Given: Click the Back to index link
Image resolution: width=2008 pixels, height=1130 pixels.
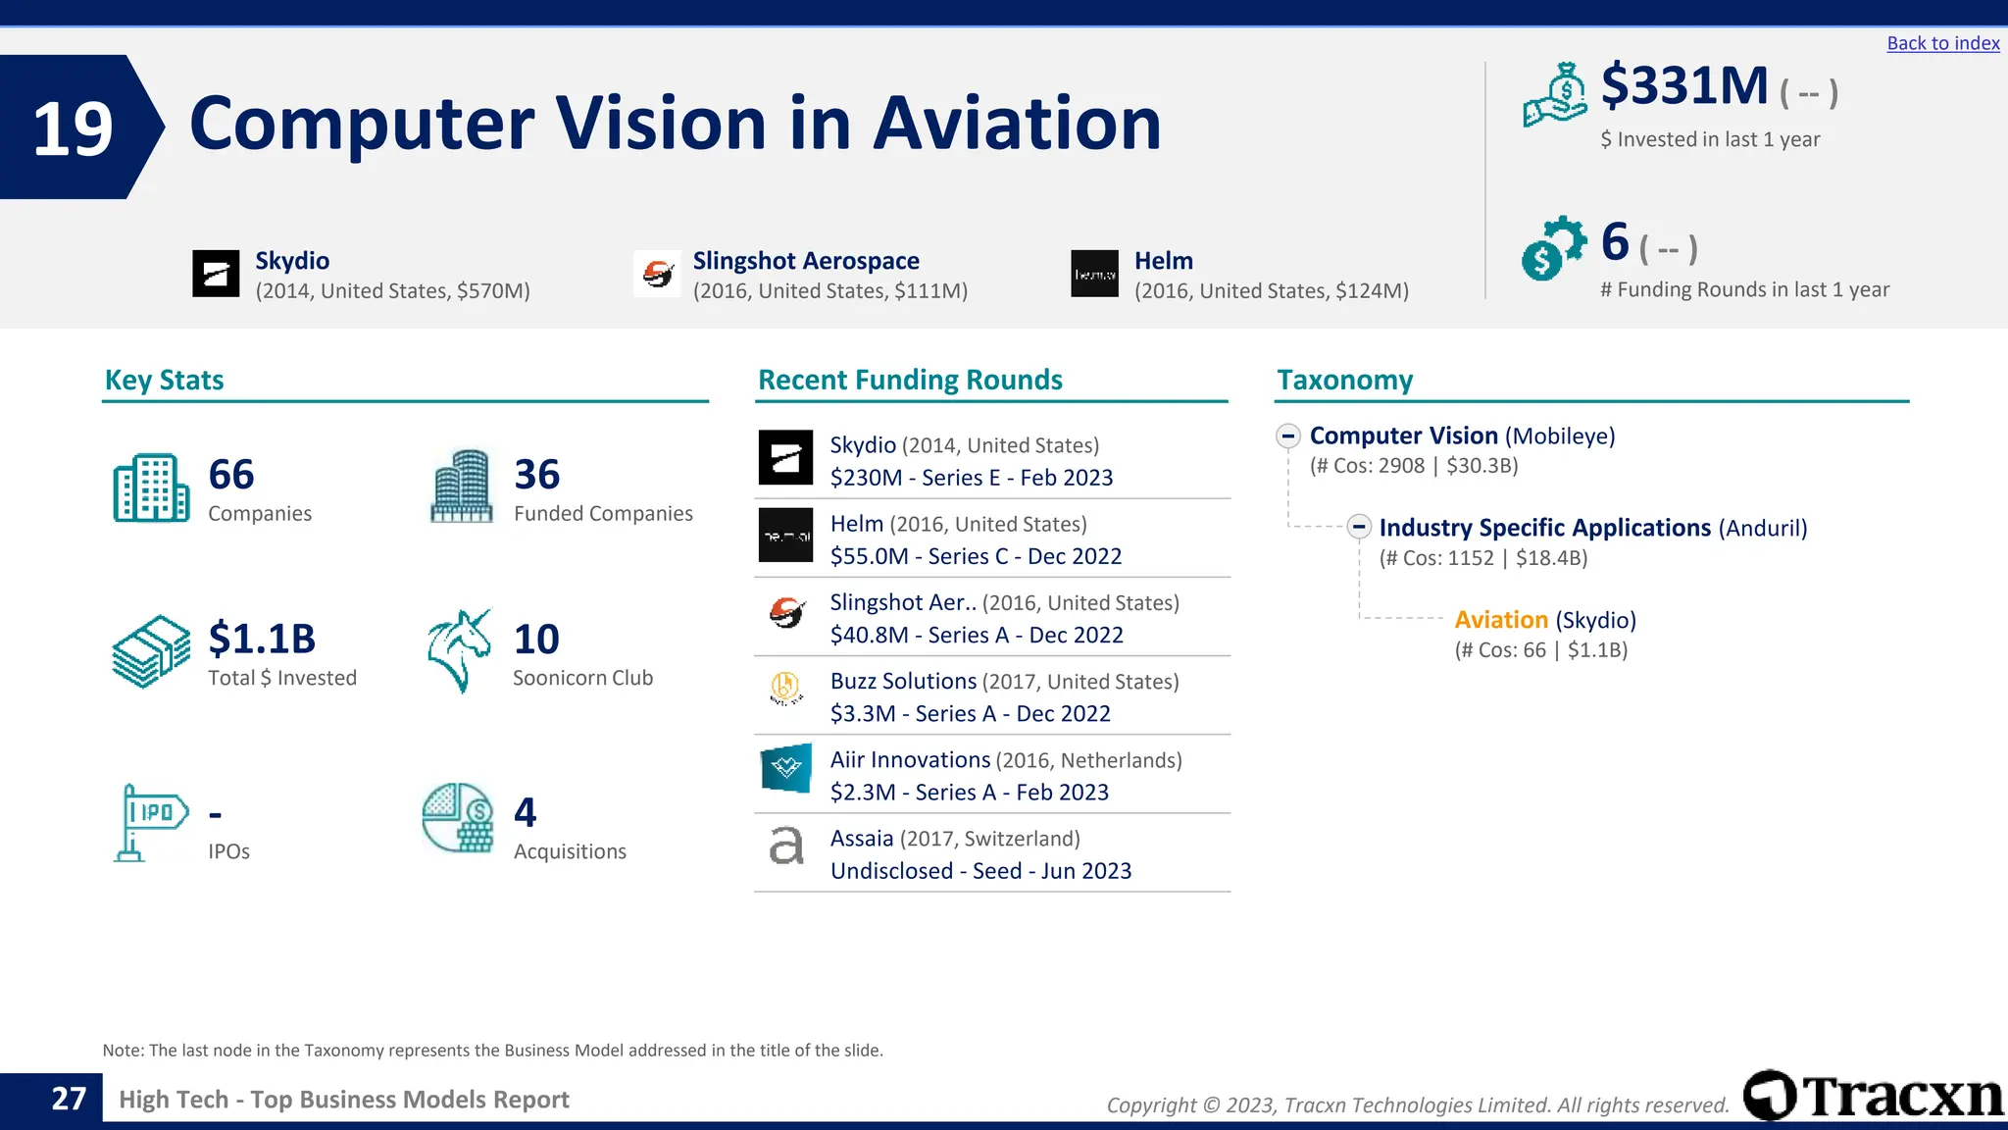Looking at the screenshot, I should [1942, 43].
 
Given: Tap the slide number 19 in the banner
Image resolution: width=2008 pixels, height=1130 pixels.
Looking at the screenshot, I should [73, 128].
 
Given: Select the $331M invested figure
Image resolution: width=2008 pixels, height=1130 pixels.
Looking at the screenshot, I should [1683, 85].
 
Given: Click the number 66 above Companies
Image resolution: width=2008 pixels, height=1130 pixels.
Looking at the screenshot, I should [231, 475].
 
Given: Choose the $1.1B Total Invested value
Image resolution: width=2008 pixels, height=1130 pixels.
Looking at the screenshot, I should [262, 639].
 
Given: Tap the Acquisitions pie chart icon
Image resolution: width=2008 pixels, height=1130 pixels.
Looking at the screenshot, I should [458, 818].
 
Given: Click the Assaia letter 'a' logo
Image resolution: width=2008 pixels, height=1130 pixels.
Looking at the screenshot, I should [785, 846].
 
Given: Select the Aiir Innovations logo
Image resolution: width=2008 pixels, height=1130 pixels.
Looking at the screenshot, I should [785, 768].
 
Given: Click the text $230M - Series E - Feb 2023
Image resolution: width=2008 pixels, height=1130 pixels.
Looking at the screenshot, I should [971, 478].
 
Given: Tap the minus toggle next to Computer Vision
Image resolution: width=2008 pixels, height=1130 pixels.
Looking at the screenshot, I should [1288, 436].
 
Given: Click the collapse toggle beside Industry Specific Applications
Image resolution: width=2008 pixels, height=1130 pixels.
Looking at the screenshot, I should [1358, 527].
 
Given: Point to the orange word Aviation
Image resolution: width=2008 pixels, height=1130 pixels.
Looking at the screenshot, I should [1500, 620].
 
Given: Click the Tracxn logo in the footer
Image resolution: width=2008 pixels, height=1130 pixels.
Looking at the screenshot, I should [1872, 1096].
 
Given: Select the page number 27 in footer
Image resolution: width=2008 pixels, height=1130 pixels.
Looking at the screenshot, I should [69, 1099].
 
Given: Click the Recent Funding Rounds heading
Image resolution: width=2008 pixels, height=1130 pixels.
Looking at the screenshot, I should [910, 380].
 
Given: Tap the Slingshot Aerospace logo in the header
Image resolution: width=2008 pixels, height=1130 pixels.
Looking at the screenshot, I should [658, 274].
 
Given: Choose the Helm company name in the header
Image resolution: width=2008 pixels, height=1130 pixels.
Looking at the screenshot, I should [1163, 261].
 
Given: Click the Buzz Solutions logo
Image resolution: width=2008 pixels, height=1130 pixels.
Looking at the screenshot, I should [785, 689].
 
